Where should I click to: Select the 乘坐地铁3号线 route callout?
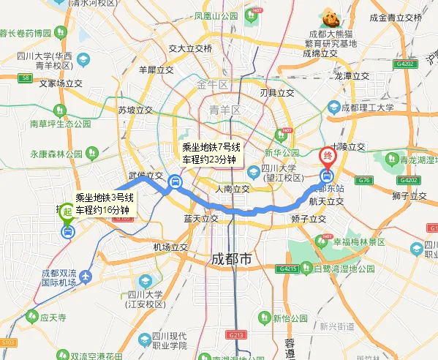[105, 203]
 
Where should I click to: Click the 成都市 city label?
[231, 259]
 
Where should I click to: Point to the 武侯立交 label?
[146, 176]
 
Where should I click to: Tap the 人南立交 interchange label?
[233, 189]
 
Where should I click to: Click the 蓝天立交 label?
[201, 218]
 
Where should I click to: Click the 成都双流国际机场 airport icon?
[86, 277]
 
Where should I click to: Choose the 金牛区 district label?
[213, 84]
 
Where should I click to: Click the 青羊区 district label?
[225, 110]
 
